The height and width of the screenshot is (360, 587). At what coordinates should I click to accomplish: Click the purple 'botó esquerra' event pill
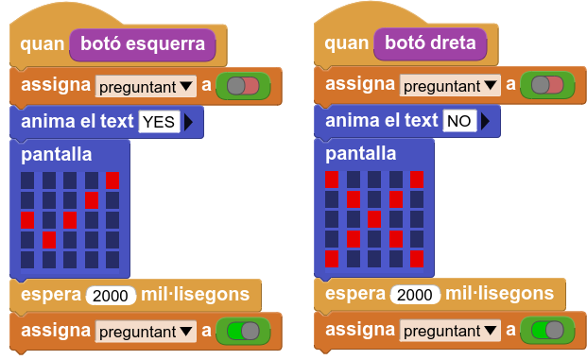point(143,45)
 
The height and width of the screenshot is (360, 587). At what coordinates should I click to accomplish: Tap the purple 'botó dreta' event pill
point(430,43)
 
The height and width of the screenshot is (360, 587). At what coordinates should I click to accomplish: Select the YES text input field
point(159,122)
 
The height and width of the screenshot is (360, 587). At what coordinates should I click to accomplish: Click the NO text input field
point(459,121)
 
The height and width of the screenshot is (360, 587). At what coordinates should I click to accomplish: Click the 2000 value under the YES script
point(111,296)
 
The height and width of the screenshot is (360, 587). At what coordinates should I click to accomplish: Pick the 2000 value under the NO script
point(415,295)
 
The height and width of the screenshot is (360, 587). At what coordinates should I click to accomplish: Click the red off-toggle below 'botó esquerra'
point(243,86)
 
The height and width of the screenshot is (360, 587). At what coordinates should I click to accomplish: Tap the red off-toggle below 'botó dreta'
point(547,85)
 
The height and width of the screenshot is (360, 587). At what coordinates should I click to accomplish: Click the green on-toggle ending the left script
point(243,332)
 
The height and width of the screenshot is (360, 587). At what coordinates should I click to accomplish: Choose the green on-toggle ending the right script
point(547,330)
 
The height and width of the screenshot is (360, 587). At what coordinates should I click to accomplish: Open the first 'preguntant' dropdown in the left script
point(146,87)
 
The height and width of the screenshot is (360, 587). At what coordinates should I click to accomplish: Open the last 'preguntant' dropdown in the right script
point(450,331)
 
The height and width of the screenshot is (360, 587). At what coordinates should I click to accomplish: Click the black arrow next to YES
point(189,122)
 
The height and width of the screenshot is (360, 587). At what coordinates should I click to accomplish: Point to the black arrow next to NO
point(486,121)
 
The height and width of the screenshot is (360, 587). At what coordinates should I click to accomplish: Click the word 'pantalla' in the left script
point(57,155)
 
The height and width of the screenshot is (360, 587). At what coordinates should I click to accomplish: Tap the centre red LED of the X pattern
point(374,219)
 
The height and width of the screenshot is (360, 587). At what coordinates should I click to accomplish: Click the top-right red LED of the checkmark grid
point(112,180)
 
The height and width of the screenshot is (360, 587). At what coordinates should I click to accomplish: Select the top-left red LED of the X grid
point(332,180)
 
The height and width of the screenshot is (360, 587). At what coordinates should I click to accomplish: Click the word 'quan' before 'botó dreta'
point(347,43)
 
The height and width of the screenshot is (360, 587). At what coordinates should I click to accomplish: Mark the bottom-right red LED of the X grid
point(417,259)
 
